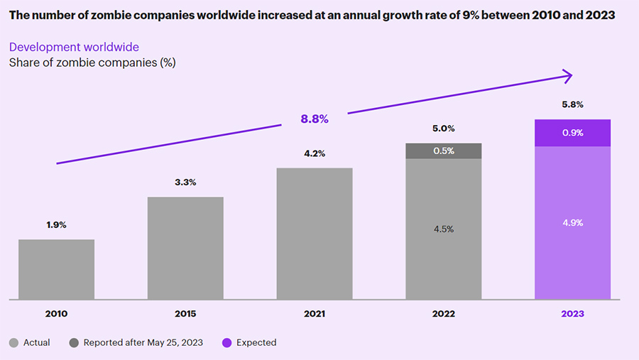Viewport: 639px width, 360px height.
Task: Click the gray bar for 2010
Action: pos(56,270)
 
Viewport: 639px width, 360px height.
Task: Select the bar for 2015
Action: pos(185,249)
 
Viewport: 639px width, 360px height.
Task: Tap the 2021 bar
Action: pos(315,234)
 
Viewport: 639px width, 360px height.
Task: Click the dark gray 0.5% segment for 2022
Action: pos(443,151)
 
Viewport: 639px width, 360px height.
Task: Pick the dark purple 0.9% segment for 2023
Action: pos(572,133)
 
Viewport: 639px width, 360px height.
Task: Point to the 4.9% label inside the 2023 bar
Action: pos(572,223)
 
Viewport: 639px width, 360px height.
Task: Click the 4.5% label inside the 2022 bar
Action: pos(443,229)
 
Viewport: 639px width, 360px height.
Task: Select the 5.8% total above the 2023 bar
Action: pos(572,104)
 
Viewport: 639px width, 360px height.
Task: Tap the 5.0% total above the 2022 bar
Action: pos(443,129)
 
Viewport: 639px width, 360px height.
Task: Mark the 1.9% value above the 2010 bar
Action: pos(56,224)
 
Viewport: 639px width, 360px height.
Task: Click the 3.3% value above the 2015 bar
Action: pos(185,182)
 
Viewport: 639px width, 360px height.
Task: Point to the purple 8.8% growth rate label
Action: pos(315,119)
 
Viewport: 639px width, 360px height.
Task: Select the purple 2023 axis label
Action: pos(572,314)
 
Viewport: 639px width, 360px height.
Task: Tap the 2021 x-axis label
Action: pos(315,314)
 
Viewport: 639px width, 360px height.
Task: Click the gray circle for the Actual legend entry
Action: pos(14,343)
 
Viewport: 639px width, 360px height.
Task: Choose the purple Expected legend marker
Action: pos(227,343)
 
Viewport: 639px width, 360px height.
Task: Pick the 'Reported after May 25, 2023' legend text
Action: pos(143,342)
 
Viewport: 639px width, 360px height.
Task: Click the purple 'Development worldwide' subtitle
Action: pos(74,47)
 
